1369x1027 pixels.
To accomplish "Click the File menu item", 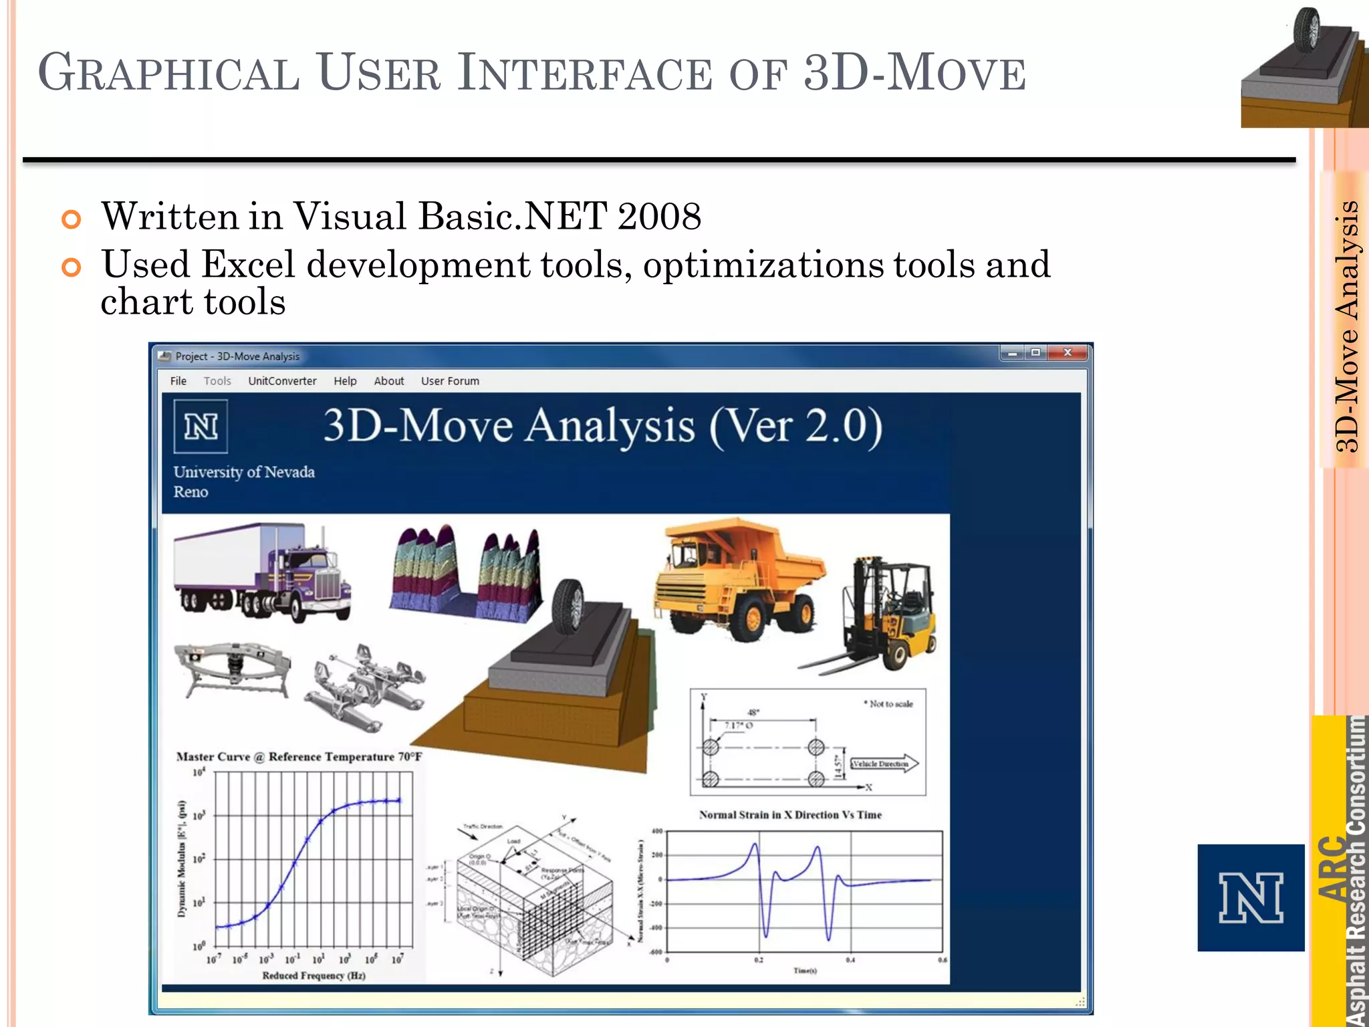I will click(x=178, y=381).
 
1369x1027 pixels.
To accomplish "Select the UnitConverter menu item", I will click(x=282, y=381).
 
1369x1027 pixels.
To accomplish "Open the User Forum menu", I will click(x=450, y=381).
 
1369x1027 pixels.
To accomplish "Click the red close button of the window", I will click(x=1068, y=352).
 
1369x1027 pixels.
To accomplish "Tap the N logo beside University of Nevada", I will click(x=201, y=427).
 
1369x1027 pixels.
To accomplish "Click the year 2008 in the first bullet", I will click(x=659, y=217).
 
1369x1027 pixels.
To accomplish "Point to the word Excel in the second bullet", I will click(x=248, y=265).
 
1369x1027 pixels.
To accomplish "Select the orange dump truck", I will click(x=739, y=578).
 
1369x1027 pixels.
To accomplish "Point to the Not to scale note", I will click(x=888, y=704).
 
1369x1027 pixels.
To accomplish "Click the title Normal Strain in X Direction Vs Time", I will click(x=790, y=815).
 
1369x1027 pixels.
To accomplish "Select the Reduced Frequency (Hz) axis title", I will click(x=314, y=976).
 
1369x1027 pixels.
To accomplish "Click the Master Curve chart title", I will click(x=299, y=757).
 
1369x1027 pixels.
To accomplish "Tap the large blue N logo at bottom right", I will click(x=1251, y=898).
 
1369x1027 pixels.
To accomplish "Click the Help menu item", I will click(x=345, y=381).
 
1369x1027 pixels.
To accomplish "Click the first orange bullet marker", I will click(x=71, y=219).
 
